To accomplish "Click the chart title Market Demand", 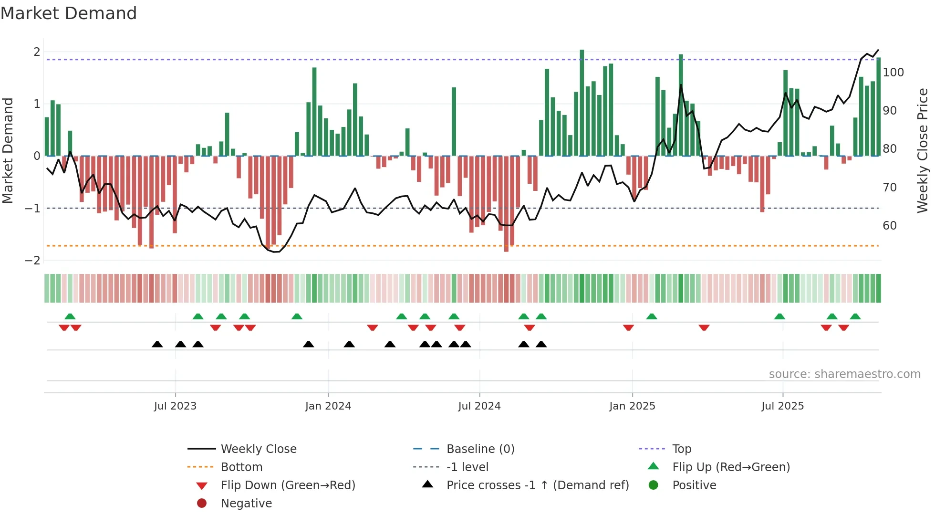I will (x=69, y=13).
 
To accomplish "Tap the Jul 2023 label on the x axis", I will (x=175, y=406).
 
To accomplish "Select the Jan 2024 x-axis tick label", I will (x=328, y=406).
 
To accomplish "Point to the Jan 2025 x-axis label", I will (x=632, y=406).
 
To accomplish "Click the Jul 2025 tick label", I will (x=782, y=406).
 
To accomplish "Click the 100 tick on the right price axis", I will (x=893, y=73).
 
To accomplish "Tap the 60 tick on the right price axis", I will (x=890, y=226).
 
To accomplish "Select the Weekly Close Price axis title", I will (x=923, y=150).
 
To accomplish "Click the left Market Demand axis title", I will (x=8, y=150).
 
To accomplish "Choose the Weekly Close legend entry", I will (x=258, y=449).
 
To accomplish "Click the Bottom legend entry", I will (x=241, y=467).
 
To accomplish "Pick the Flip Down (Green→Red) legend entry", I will (x=288, y=485).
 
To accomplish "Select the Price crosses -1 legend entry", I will (x=537, y=485).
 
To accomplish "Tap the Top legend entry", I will (x=681, y=449).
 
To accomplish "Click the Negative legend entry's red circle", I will (x=202, y=503).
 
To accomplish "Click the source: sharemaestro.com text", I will (x=844, y=374).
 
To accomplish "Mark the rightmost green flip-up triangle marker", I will (x=855, y=316).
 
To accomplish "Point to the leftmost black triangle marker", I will (x=157, y=344).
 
